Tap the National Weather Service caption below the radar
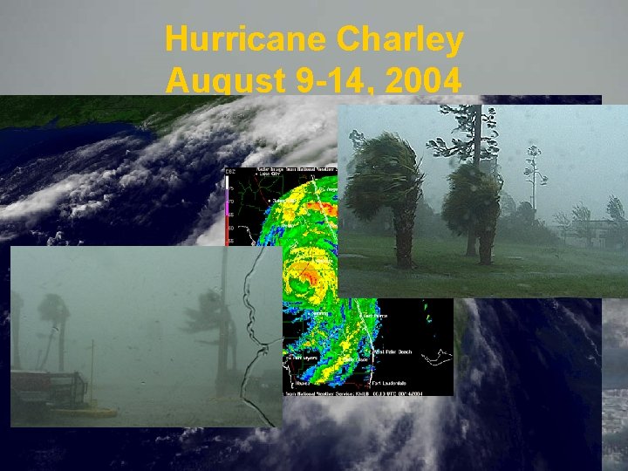click(x=367, y=393)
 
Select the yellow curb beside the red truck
click(x=96, y=411)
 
